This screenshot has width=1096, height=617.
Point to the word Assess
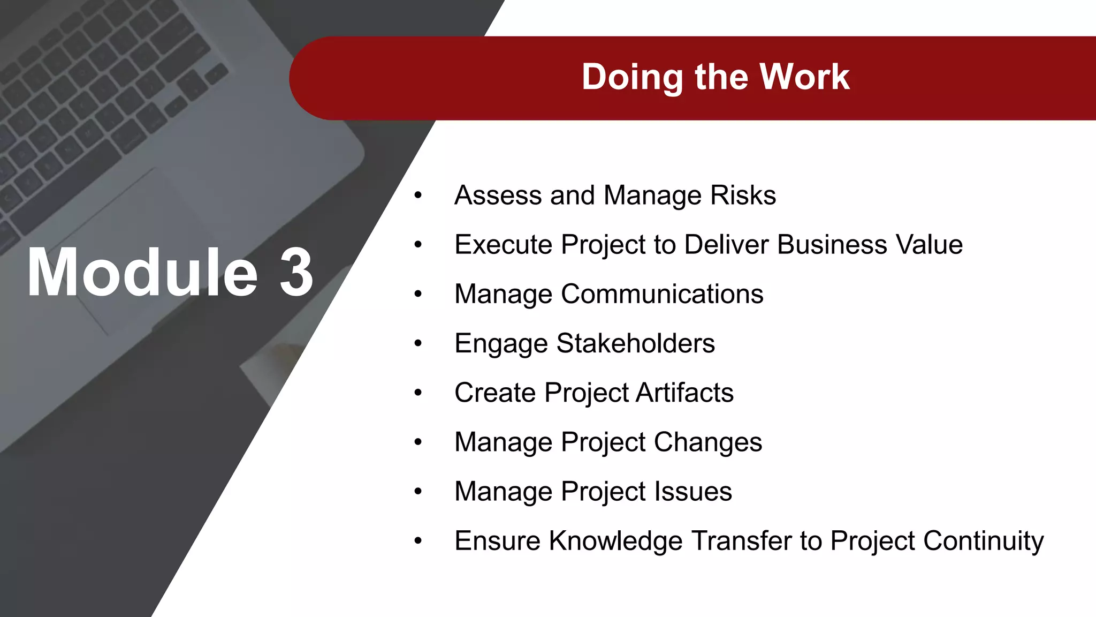point(498,195)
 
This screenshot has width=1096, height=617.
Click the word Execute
point(503,245)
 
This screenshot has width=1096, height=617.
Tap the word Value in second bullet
point(929,245)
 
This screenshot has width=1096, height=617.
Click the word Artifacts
point(684,393)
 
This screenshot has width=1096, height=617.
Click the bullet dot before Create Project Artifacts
point(418,393)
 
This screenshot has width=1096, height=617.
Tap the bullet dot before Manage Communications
point(418,294)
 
